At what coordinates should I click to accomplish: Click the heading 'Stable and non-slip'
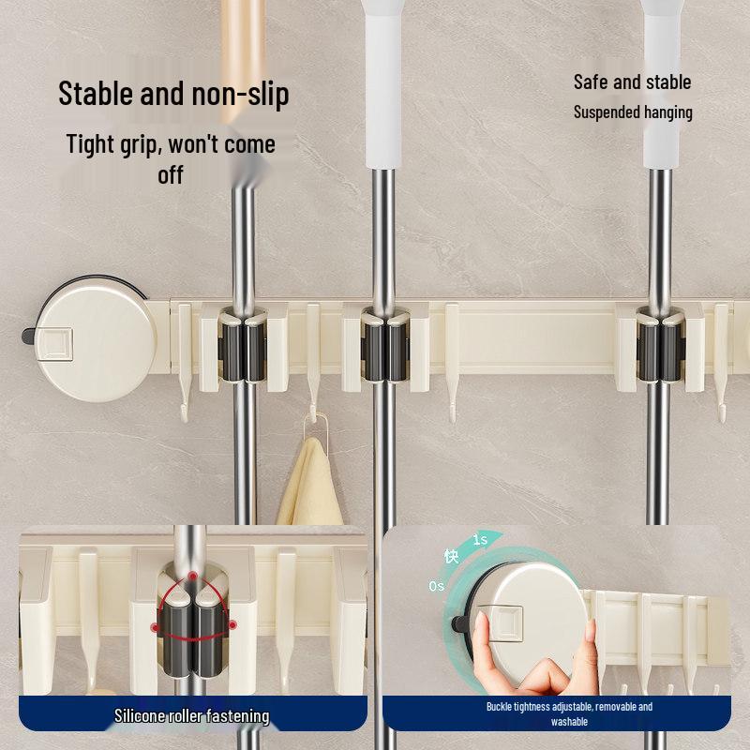[x=173, y=95]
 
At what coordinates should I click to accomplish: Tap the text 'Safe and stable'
[x=632, y=82]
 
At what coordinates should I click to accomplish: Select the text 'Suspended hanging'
[x=633, y=112]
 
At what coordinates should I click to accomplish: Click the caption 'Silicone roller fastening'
[x=192, y=716]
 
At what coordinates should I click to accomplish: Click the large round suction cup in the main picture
[x=96, y=338]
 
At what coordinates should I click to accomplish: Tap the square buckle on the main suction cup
[x=54, y=343]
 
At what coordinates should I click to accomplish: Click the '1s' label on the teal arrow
[x=480, y=540]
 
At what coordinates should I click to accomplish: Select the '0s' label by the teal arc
[x=436, y=586]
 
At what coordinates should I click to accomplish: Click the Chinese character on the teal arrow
[x=452, y=556]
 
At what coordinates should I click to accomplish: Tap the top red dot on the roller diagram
[x=192, y=576]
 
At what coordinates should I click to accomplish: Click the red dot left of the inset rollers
[x=155, y=627]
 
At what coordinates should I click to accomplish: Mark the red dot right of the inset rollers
[x=232, y=624]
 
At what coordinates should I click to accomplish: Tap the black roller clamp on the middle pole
[x=385, y=348]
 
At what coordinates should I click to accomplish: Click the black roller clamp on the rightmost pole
[x=661, y=348]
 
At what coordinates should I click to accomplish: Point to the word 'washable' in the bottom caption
[x=569, y=721]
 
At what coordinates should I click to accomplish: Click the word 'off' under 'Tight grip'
[x=171, y=175]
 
